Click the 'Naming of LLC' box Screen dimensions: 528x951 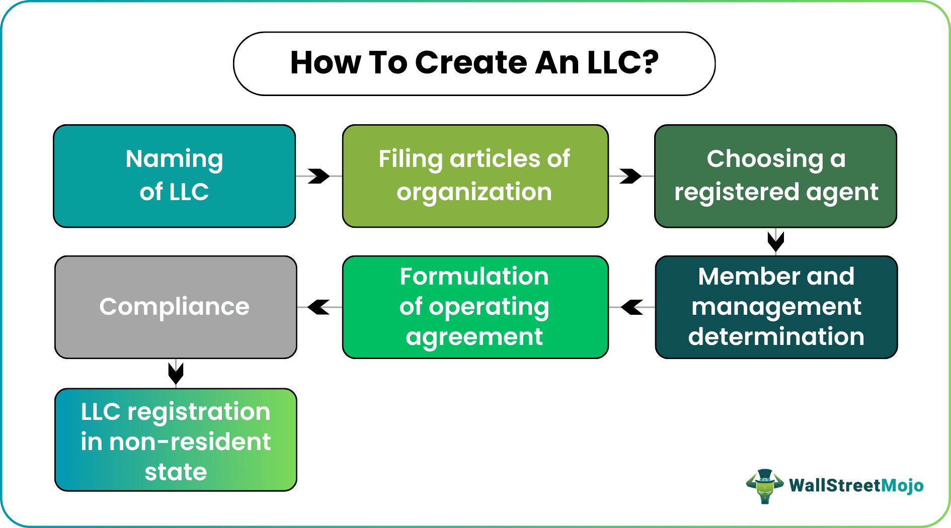(174, 176)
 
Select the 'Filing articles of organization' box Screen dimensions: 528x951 (475, 176)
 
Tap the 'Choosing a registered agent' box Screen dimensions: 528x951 (775, 176)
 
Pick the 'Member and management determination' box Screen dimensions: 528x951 (776, 307)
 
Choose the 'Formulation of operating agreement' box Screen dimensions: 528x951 (475, 307)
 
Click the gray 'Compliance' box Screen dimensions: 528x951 (175, 307)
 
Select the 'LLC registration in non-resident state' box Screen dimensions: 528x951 (175, 439)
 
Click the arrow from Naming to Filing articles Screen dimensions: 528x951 (319, 176)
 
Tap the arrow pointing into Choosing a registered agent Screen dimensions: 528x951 (630, 176)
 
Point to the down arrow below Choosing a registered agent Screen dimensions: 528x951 (776, 242)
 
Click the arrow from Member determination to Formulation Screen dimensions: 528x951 (632, 307)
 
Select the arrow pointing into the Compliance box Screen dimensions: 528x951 (319, 307)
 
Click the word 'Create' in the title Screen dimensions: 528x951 (471, 63)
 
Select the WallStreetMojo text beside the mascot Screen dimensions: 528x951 (856, 486)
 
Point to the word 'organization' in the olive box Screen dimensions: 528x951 (474, 193)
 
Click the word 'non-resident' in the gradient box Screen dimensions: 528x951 (190, 443)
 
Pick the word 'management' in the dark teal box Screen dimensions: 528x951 (776, 307)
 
